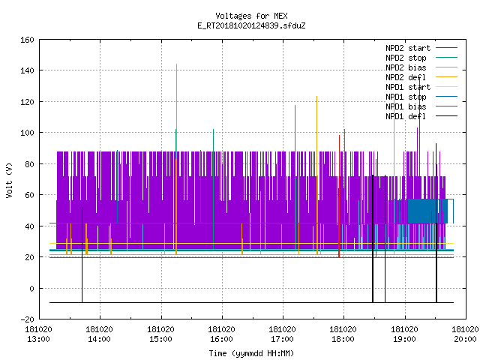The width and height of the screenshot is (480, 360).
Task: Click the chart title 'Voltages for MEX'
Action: (x=251, y=16)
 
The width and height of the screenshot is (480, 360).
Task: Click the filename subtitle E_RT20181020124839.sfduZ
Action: (x=251, y=25)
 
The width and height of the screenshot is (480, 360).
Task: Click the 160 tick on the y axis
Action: (x=27, y=40)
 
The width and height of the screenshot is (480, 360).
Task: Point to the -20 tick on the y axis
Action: (x=27, y=319)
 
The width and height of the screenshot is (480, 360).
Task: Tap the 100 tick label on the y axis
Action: (x=27, y=133)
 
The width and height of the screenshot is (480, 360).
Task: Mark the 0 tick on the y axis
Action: (x=31, y=288)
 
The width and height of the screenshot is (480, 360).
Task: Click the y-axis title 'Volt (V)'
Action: (x=9, y=180)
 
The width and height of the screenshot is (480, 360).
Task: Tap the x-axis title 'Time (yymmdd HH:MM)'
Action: (x=251, y=353)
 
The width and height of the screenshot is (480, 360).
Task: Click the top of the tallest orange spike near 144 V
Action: (x=177, y=64)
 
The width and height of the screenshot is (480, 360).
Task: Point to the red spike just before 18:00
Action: (x=339, y=196)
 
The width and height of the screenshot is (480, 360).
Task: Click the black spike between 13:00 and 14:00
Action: (x=82, y=255)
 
